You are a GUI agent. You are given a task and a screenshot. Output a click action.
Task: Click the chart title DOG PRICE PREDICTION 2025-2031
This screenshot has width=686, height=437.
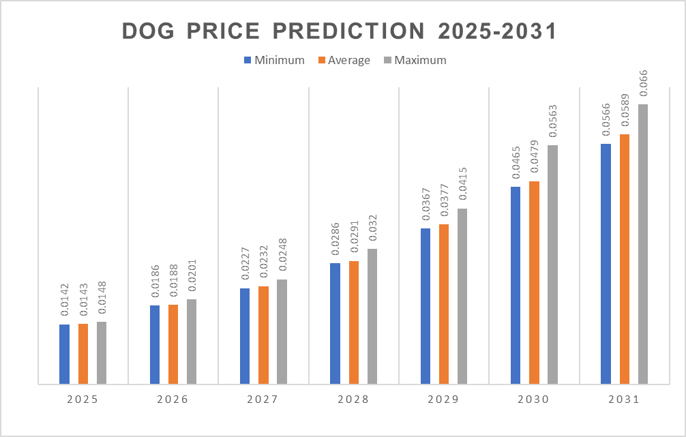[x=340, y=31]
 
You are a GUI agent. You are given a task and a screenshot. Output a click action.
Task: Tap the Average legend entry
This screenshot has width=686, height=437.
[x=344, y=60]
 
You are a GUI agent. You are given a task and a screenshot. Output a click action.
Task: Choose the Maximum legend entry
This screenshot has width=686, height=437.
[x=415, y=60]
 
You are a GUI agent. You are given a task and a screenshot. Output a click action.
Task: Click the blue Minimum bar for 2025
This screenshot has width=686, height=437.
[x=65, y=354]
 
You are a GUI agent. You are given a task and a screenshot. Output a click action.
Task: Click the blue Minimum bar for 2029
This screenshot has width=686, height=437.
[x=426, y=306]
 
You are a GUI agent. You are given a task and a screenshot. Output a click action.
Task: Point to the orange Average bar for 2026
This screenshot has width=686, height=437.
[x=173, y=344]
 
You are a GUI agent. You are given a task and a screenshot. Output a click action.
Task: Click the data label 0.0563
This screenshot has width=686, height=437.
[x=553, y=121]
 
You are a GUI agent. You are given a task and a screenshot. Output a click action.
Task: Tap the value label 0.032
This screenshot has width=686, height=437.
[x=372, y=229]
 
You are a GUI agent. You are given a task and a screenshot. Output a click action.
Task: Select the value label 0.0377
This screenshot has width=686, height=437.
[x=444, y=200]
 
